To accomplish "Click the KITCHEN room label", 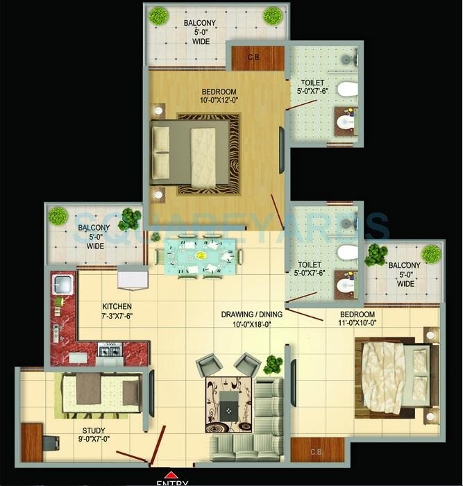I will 117,306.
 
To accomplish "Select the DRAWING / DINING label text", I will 251,315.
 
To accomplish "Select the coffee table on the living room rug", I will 228,401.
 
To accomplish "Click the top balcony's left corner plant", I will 159,15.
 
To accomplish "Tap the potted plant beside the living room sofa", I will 273,364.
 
